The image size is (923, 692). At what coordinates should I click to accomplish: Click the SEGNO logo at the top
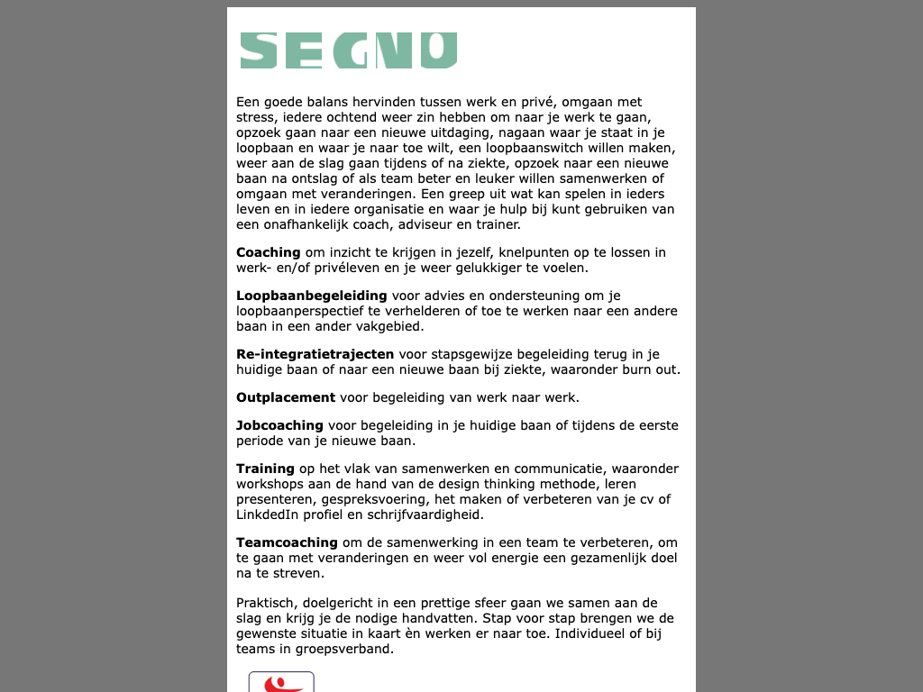(349, 50)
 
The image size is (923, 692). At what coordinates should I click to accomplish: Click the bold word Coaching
(268, 252)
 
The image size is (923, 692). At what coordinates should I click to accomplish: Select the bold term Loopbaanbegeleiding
(311, 296)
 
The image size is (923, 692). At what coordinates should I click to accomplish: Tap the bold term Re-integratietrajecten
(315, 354)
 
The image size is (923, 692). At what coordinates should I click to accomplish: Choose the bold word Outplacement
(285, 397)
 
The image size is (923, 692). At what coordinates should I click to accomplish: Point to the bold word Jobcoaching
(279, 425)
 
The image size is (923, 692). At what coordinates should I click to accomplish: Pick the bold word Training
(265, 469)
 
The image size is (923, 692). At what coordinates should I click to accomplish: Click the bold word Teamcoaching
(287, 542)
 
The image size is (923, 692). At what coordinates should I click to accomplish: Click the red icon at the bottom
(281, 682)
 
